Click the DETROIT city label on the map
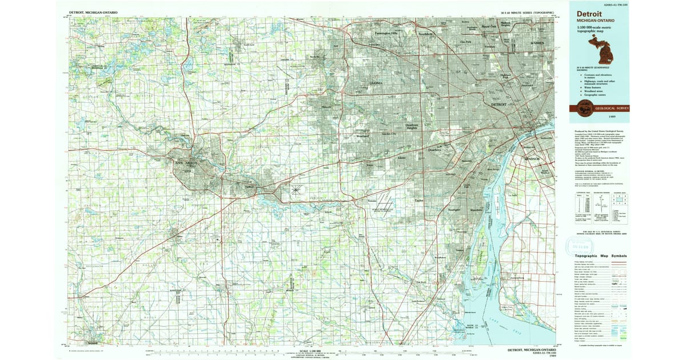pyautogui.click(x=500, y=105)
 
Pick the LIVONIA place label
pyautogui.click(x=376, y=83)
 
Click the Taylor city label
pyautogui.click(x=419, y=201)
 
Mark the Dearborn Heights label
pyautogui.click(x=412, y=126)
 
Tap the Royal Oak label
pyautogui.click(x=489, y=26)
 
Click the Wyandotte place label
pyautogui.click(x=476, y=210)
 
